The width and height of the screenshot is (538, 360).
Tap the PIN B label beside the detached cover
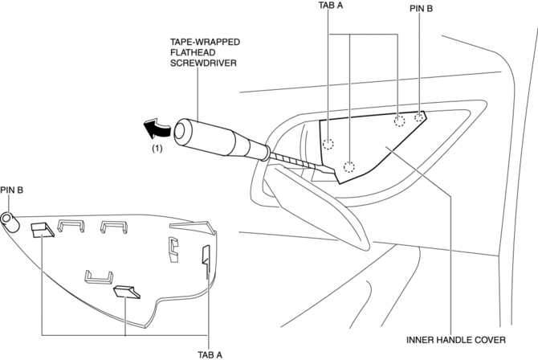12,190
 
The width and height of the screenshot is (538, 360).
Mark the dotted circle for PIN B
419,117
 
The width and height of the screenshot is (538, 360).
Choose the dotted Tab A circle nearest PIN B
399,122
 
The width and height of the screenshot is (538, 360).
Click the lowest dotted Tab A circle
349,167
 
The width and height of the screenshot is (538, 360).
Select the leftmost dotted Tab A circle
328,145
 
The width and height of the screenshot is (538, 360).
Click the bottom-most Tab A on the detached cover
127,291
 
